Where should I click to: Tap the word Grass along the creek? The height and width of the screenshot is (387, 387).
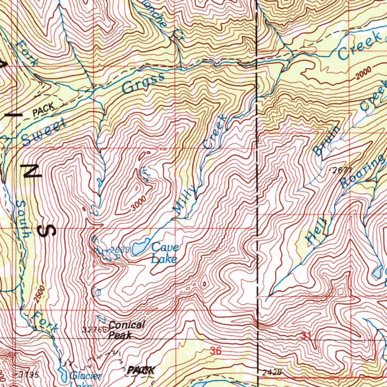click(144, 84)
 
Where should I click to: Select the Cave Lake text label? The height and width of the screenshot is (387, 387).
click(164, 253)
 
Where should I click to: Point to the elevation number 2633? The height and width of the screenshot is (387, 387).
click(121, 250)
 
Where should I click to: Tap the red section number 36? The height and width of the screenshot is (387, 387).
click(215, 351)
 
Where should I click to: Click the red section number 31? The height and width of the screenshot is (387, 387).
click(307, 335)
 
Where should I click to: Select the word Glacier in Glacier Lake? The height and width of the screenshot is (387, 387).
click(86, 376)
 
